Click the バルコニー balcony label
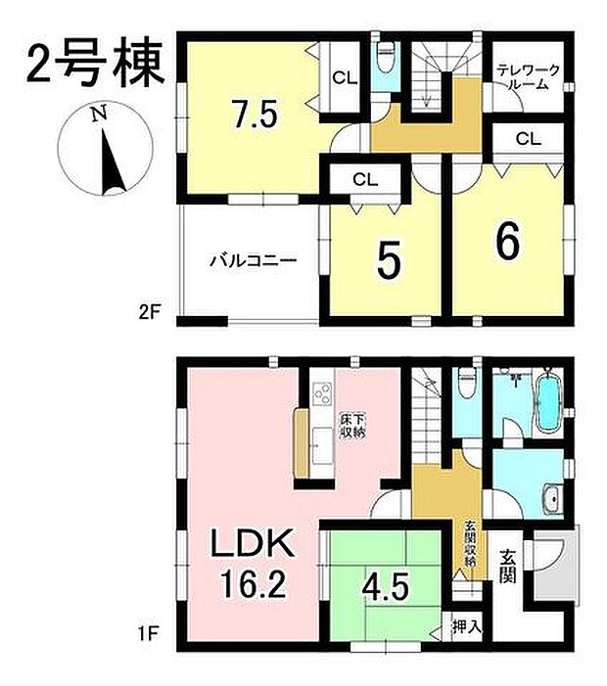[x=252, y=261]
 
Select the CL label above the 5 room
[x=365, y=179]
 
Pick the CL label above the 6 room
[x=528, y=139]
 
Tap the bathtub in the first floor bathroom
[x=547, y=401]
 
